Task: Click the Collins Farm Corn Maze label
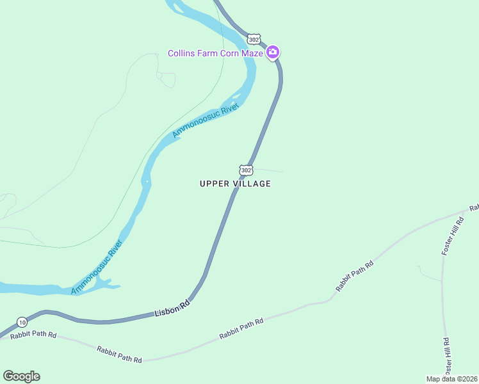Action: point(215,53)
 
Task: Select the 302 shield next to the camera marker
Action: point(254,38)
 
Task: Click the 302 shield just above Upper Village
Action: point(247,170)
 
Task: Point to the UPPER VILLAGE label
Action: point(235,184)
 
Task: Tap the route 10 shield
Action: point(22,321)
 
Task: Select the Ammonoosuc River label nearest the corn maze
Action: point(205,120)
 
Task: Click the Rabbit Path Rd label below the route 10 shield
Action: point(34,335)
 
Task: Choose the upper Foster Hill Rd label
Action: point(451,237)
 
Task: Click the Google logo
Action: point(21,376)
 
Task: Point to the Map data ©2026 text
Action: point(451,379)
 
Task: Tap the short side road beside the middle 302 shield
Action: point(269,170)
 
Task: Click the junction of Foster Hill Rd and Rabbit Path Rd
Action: point(463,212)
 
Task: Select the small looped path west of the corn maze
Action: point(167,79)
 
